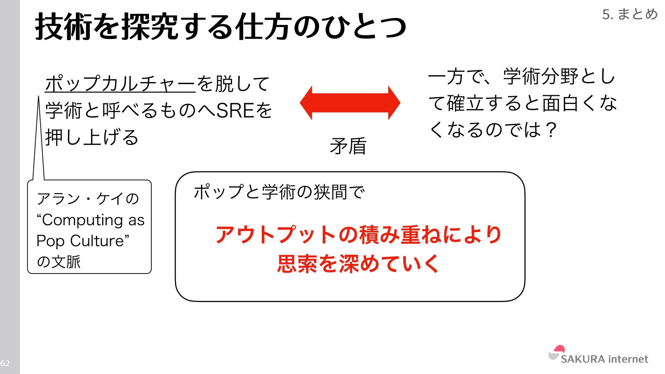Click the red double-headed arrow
pyautogui.click(x=350, y=103)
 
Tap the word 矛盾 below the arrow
pyautogui.click(x=348, y=146)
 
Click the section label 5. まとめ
pyautogui.click(x=630, y=14)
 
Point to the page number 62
pyautogui.click(x=5, y=363)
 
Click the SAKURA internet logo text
pyautogui.click(x=604, y=359)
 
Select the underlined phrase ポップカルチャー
pyautogui.click(x=120, y=83)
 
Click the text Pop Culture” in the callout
pyautogui.click(x=83, y=241)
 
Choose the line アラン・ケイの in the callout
pyautogui.click(x=88, y=199)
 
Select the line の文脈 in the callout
pyautogui.click(x=59, y=261)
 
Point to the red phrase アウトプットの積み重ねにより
pyautogui.click(x=358, y=234)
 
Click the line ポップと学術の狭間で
pyautogui.click(x=279, y=192)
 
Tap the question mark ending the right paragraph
pyautogui.click(x=550, y=130)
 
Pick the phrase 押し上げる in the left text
pyautogui.click(x=92, y=137)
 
